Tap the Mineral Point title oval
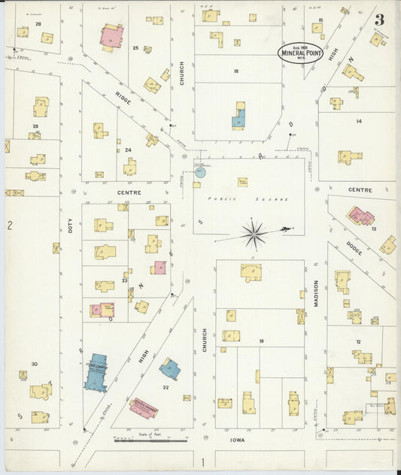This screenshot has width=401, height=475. click(x=301, y=52)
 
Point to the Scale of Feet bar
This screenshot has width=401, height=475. click(x=150, y=440)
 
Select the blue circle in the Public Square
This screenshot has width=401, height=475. click(x=200, y=172)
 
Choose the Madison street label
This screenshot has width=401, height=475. click(x=316, y=294)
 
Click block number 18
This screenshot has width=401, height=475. click(x=235, y=71)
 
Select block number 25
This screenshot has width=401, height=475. click(x=135, y=48)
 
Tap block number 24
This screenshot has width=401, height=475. click(x=128, y=150)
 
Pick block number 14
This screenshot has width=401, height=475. click(x=358, y=121)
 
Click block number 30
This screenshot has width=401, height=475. click(x=34, y=364)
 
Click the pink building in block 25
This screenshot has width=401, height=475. click(x=111, y=36)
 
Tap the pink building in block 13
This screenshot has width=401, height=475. click(x=360, y=216)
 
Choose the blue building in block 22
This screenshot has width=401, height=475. click(x=169, y=368)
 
